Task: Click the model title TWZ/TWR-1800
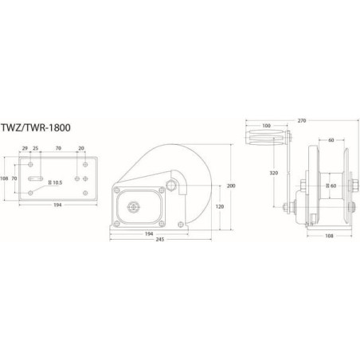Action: pos(36,127)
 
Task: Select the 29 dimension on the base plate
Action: pos(25,148)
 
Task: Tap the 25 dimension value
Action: pos(36,148)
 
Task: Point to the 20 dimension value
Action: pos(81,148)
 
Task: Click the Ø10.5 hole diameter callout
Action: pos(55,182)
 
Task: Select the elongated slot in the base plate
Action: pos(35,178)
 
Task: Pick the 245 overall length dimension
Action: pos(160,240)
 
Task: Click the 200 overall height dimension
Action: pos(231,186)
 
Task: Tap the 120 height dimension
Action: pos(220,206)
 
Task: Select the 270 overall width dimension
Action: pos(302,121)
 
